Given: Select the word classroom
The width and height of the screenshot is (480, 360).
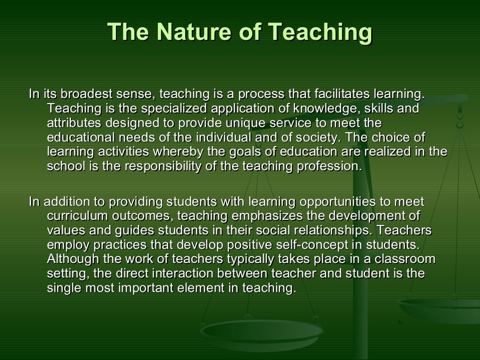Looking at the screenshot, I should pos(408,260).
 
